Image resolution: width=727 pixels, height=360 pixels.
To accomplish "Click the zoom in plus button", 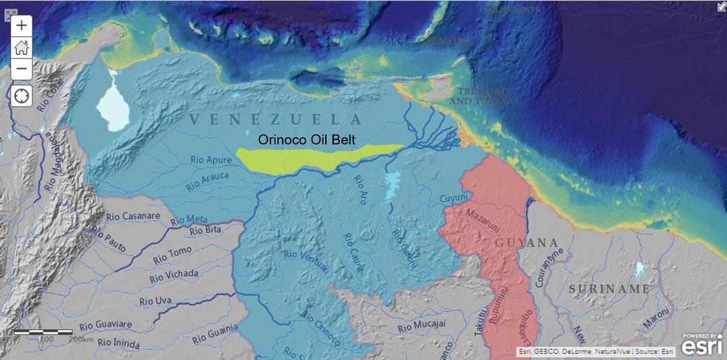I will [22, 26].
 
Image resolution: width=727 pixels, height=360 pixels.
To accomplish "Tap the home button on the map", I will [22, 47].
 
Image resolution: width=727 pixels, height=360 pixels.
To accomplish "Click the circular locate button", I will [22, 96].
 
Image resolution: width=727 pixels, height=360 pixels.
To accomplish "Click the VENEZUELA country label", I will [276, 120].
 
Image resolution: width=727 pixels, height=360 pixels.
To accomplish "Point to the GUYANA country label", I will [527, 243].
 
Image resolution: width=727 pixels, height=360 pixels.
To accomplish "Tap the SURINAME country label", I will [609, 289].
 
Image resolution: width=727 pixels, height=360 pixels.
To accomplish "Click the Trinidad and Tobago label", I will [483, 96].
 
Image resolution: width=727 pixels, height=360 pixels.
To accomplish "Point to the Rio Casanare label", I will [133, 217].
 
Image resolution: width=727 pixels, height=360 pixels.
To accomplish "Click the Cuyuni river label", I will [452, 199].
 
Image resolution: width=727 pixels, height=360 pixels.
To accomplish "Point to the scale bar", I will [43, 332].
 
